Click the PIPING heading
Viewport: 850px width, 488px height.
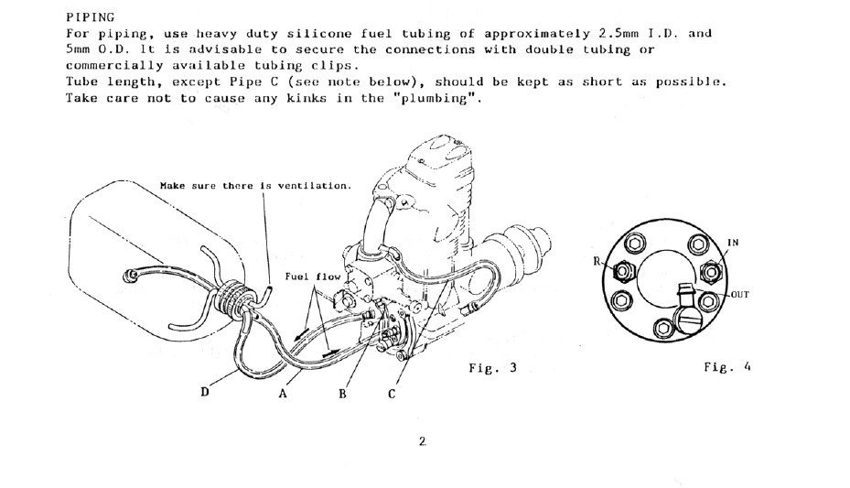90,17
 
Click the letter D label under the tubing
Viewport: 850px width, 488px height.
204,392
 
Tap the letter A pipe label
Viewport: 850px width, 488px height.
283,394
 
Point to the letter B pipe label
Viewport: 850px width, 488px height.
342,395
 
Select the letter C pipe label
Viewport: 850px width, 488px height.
392,395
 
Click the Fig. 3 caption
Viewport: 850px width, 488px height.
493,368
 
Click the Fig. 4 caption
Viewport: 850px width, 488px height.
727,367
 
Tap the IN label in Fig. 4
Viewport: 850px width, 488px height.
732,243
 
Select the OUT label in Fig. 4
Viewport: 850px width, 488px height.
740,295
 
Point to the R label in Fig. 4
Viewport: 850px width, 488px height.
597,261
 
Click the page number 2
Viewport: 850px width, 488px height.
423,441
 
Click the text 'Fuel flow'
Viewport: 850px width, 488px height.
313,277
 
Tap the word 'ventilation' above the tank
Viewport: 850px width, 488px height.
315,186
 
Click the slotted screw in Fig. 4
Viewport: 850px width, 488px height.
686,320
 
